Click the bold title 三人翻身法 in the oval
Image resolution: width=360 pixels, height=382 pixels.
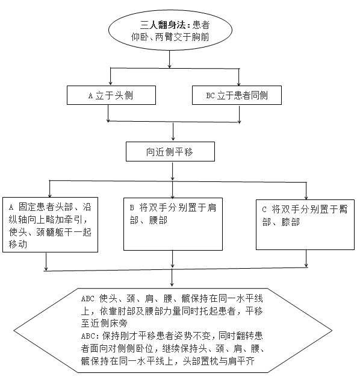click(163, 25)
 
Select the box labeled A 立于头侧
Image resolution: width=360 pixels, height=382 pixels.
click(111, 95)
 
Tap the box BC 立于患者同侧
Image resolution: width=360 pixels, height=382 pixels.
click(237, 95)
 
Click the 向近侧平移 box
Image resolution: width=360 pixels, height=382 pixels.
click(170, 151)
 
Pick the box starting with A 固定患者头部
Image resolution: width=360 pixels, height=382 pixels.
click(50, 225)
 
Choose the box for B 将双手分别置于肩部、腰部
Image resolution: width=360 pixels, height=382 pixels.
click(173, 224)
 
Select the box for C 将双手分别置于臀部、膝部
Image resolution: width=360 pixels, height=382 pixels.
click(305, 225)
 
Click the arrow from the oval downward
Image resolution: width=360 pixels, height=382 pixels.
click(169, 59)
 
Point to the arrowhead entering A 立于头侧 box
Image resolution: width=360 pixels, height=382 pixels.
click(111, 83)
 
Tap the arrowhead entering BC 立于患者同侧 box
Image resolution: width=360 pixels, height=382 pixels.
click(239, 83)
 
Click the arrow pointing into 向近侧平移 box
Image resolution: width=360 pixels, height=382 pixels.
click(173, 131)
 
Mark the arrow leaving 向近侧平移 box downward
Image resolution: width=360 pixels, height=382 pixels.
click(172, 171)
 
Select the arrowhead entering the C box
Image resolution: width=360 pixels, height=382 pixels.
click(306, 198)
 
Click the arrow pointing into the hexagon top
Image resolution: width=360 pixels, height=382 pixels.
click(172, 278)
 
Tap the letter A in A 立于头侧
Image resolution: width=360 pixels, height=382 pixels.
click(90, 96)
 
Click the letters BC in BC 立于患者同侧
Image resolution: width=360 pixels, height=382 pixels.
click(210, 95)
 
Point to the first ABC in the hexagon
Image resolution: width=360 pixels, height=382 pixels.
click(88, 299)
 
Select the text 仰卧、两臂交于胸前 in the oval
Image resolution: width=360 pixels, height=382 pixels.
click(170, 37)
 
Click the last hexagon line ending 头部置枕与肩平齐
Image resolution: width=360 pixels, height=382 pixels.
click(168, 362)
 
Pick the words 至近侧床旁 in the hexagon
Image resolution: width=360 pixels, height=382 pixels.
click(104, 324)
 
